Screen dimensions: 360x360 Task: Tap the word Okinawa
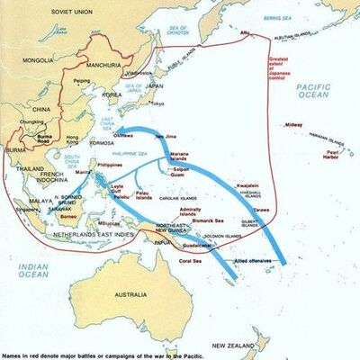[x=124, y=135]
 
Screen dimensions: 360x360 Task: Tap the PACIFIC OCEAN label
[x=314, y=87]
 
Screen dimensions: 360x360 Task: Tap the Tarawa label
[x=262, y=209]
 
